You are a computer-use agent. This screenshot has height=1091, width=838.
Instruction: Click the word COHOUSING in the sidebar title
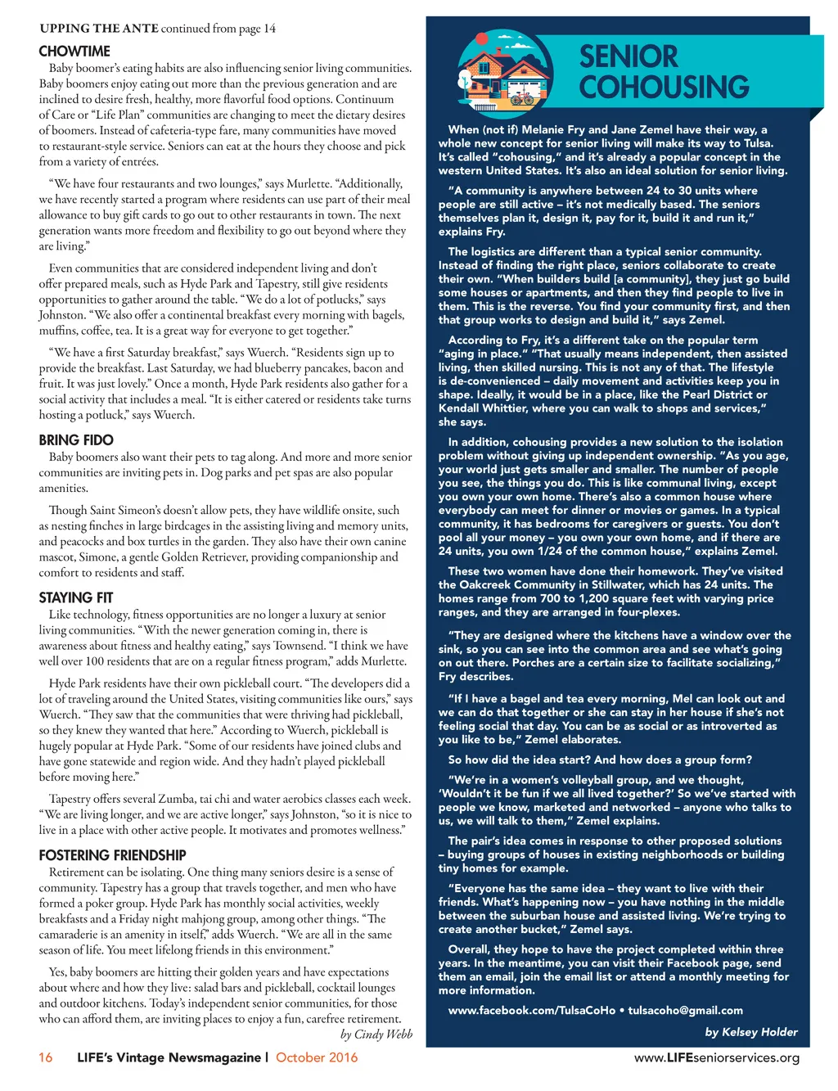[664, 87]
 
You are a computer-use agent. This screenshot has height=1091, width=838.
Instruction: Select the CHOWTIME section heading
[74, 51]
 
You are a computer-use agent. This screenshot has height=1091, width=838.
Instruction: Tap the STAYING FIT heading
[76, 597]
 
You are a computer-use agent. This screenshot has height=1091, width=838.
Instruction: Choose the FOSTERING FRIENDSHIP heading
[113, 855]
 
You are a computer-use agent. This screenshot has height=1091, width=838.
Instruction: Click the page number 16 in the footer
[46, 1057]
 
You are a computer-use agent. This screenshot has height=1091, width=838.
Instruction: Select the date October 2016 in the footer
[317, 1057]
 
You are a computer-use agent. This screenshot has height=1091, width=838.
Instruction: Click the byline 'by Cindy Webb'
[376, 1035]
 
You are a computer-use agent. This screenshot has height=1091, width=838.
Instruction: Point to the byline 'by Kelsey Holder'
[751, 1032]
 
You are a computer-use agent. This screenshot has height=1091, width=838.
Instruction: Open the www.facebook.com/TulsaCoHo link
[532, 1010]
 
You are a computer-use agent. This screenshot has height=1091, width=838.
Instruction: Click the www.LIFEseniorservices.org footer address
[717, 1057]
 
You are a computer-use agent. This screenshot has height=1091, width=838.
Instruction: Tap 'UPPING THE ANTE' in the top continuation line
[99, 29]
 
